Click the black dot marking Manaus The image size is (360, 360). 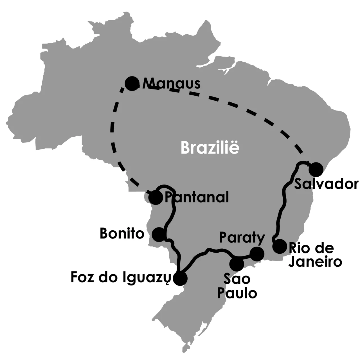click(131, 83)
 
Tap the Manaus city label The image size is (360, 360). click(172, 84)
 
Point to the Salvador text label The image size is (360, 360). click(326, 184)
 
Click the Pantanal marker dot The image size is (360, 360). click(156, 197)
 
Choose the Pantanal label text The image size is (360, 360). click(197, 197)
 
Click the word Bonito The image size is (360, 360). click(122, 234)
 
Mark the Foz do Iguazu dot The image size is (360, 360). click(180, 278)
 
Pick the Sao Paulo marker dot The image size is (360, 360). click(237, 264)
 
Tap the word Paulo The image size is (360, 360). click(237, 293)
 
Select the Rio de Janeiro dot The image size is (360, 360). click(280, 247)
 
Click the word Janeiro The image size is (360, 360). click(316, 262)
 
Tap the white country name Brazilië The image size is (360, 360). click(210, 147)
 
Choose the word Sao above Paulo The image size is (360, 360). click(237, 279)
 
